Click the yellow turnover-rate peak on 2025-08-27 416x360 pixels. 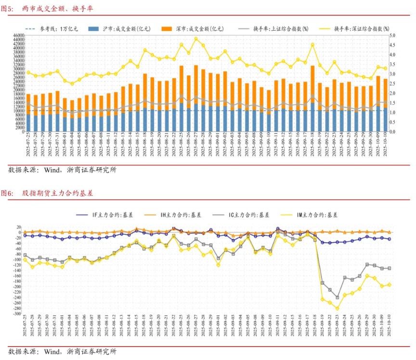(196, 39)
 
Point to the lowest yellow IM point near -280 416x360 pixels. (337, 308)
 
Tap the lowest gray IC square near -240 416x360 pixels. (337, 297)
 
